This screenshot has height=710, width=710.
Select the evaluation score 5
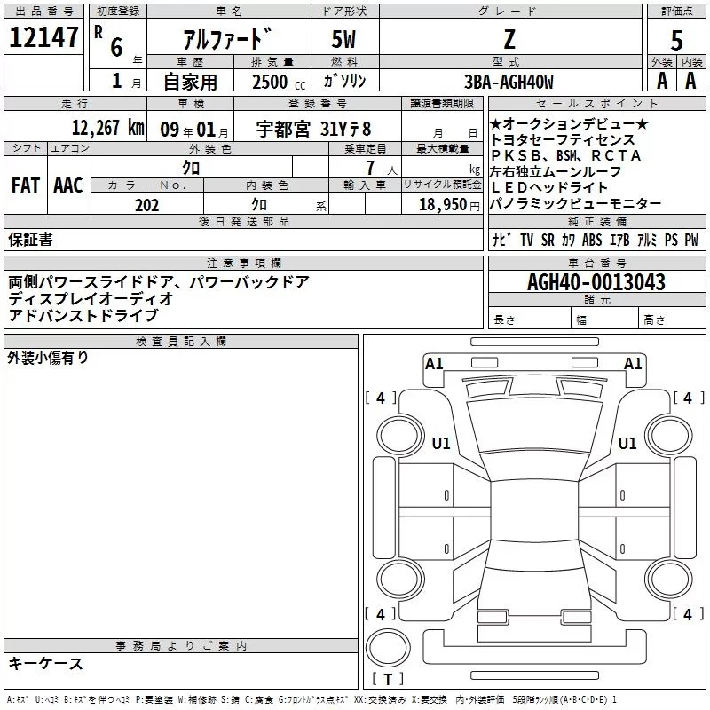click(677, 40)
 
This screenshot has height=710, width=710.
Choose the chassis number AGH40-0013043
click(596, 282)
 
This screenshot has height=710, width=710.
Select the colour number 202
click(147, 205)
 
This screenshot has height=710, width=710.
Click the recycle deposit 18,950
click(448, 205)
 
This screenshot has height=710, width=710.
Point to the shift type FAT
click(25, 185)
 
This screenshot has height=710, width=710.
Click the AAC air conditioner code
click(68, 185)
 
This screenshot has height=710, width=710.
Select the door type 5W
click(346, 40)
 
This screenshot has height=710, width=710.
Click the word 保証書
click(30, 239)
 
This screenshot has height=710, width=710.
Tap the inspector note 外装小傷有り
click(48, 358)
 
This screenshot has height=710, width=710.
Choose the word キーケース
click(45, 663)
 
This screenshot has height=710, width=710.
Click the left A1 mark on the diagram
click(434, 363)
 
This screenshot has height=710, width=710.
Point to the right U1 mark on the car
click(627, 443)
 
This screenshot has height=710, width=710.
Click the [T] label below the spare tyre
click(388, 680)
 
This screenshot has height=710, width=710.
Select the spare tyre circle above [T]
click(388, 646)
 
